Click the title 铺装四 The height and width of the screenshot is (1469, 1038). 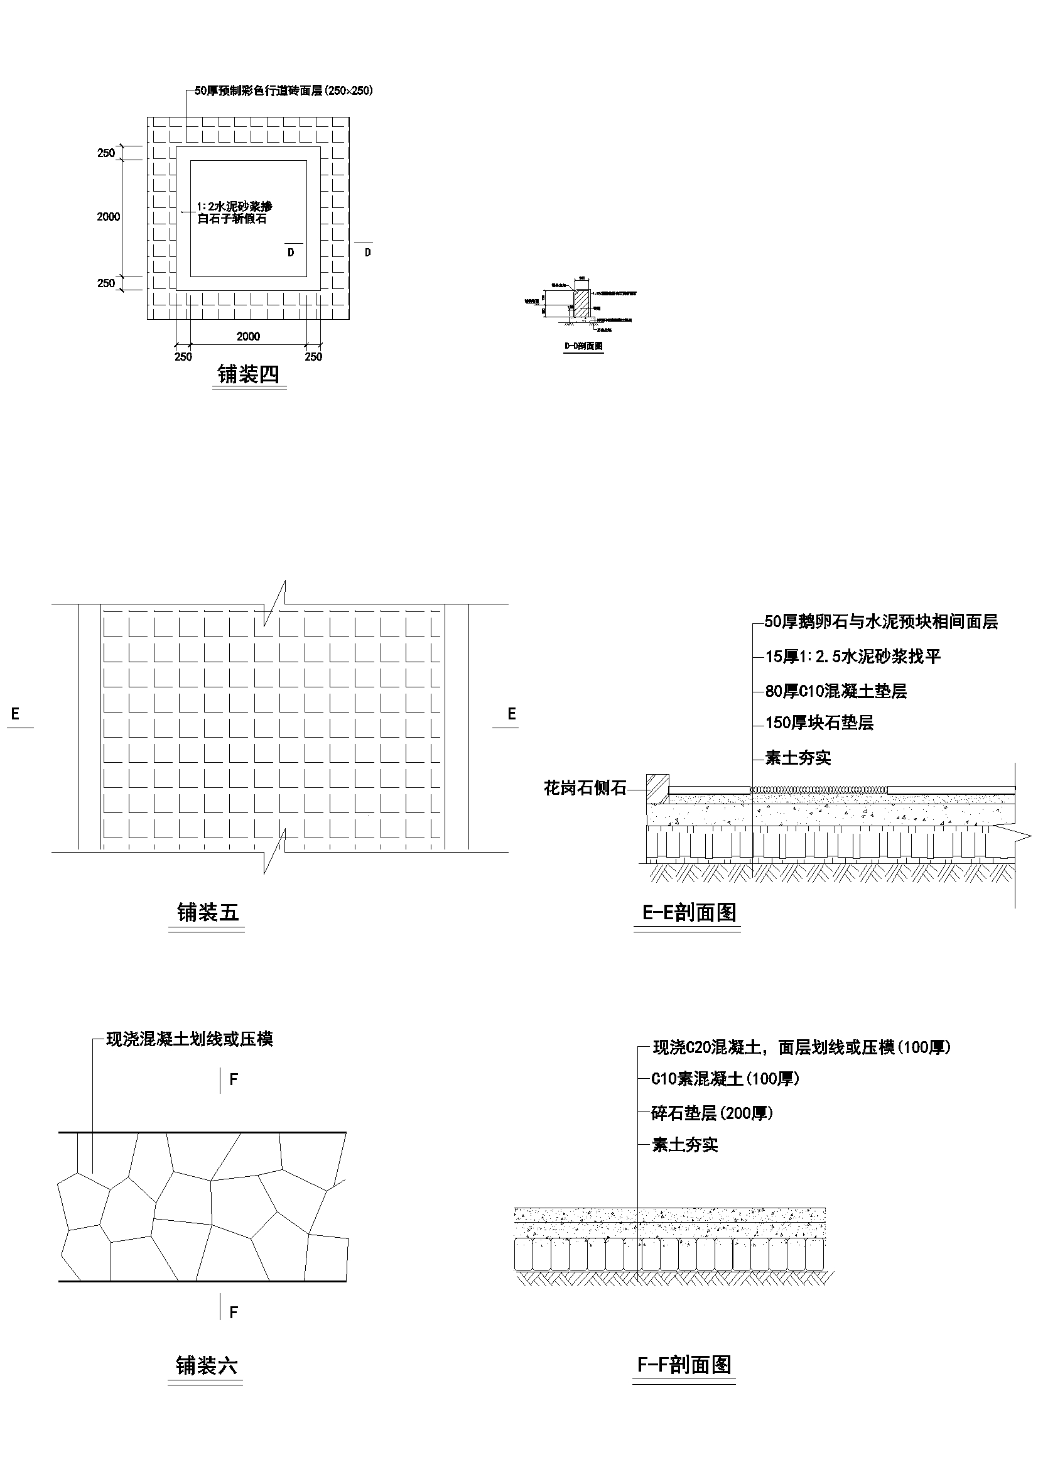248,374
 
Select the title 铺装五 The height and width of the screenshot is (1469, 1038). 208,913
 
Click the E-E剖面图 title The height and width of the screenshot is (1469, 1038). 689,912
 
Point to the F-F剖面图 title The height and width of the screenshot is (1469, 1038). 684,1365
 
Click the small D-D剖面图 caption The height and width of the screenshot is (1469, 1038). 583,346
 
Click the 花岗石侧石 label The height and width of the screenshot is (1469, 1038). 585,789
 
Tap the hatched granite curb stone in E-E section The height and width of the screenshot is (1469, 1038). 657,789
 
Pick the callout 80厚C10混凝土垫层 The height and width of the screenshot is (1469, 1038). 836,691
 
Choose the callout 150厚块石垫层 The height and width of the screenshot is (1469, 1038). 819,723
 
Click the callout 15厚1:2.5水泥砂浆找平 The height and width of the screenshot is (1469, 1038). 853,657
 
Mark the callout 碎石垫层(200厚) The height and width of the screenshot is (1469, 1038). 712,1113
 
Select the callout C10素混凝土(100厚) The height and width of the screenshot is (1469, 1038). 725,1079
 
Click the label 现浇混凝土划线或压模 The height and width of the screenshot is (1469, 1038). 189,1039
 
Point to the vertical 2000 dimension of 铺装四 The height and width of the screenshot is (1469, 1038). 108,217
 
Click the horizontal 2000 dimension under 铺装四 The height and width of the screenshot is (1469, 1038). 248,337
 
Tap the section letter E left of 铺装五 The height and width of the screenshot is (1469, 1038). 15,714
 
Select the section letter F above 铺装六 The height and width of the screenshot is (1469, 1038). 234,1080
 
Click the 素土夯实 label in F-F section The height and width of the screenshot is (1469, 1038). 684,1145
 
